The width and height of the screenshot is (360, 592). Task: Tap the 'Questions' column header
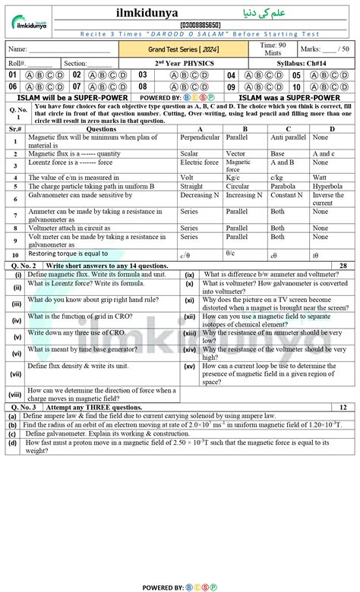[101, 130]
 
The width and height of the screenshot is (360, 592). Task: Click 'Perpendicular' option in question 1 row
[199, 137]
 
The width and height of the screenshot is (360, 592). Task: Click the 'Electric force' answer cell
[199, 162]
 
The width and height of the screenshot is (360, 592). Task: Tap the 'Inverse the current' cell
[328, 200]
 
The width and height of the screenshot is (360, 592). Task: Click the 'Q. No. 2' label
[24, 266]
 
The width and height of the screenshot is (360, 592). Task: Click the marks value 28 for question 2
[344, 266]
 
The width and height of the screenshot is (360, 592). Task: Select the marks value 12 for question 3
[344, 408]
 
